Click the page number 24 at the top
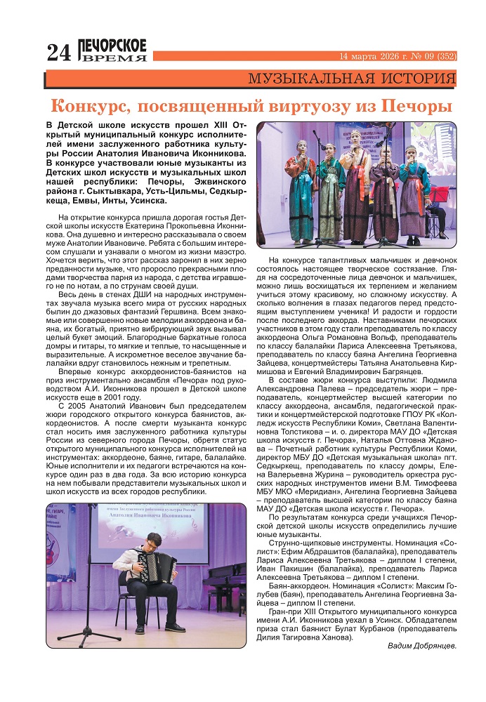(x=59, y=53)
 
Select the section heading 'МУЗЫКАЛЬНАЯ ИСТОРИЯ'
(x=352, y=78)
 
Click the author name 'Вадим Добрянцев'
(x=421, y=644)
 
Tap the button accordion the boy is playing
(x=158, y=548)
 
